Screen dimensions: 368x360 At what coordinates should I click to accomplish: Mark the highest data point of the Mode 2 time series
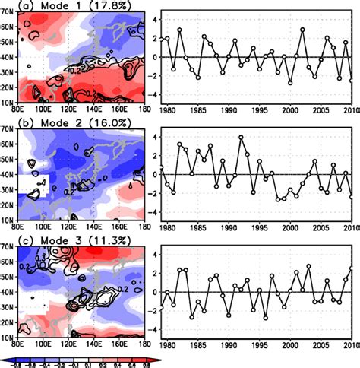pos(241,138)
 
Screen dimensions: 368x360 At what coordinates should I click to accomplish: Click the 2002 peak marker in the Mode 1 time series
pos(302,30)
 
